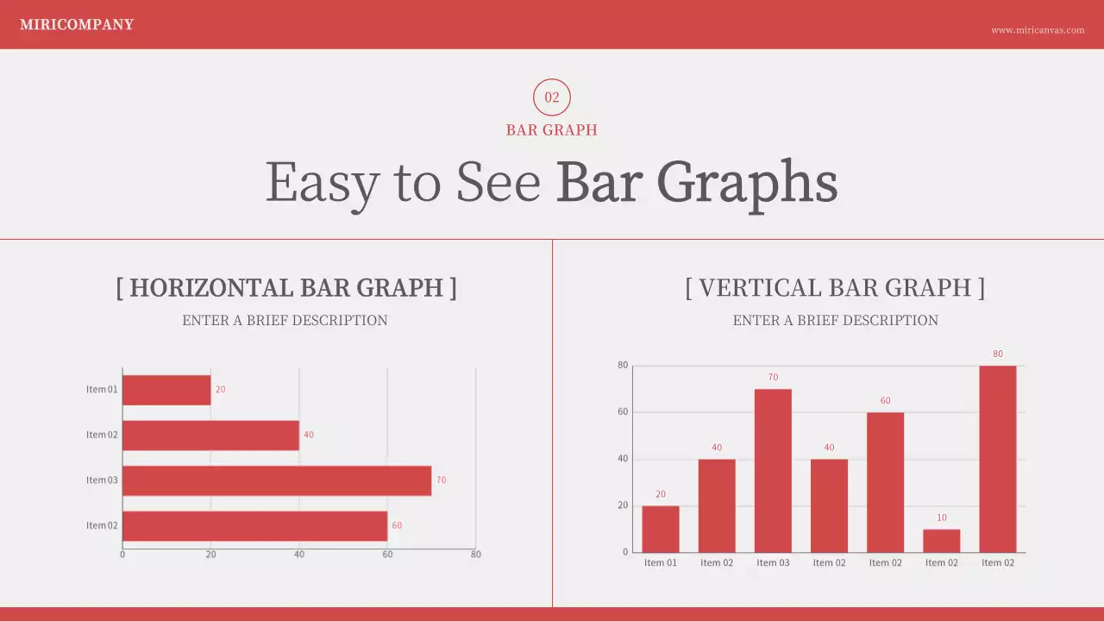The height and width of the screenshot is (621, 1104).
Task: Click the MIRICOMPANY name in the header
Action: tap(77, 25)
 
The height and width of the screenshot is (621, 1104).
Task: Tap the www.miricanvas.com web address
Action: tap(1038, 30)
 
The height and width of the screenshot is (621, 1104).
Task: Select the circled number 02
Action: tap(552, 97)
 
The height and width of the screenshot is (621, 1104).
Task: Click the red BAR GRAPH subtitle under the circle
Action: tap(552, 130)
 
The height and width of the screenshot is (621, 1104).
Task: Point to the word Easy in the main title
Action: tap(323, 183)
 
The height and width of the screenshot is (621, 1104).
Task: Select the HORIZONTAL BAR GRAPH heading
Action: tap(286, 288)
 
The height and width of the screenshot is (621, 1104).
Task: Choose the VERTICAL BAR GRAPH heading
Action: tap(835, 288)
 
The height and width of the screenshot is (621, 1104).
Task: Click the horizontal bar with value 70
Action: tap(277, 480)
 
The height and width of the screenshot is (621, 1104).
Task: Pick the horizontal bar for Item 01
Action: tap(166, 390)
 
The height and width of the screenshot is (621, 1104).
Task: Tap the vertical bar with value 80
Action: tap(998, 459)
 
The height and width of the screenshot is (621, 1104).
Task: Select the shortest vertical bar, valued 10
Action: tap(942, 541)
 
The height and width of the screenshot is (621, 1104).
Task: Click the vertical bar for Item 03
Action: tap(773, 471)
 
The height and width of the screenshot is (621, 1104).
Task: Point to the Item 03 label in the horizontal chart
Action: tap(102, 480)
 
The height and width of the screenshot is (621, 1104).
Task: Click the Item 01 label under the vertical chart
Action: tap(661, 563)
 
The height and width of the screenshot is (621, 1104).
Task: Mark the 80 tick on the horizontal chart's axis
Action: tap(476, 555)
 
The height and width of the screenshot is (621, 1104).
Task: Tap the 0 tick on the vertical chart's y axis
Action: tap(625, 552)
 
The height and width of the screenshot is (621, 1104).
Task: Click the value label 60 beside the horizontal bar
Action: tap(397, 525)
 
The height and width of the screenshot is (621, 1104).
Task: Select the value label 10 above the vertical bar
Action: tap(942, 517)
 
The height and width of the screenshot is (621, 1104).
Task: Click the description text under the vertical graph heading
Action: tap(835, 321)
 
